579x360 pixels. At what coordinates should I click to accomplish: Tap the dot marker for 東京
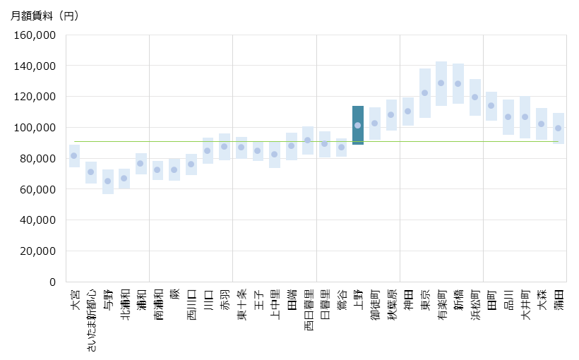coord(425,92)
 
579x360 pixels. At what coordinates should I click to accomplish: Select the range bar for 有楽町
coord(441,83)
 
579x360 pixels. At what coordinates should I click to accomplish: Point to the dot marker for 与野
coord(107,181)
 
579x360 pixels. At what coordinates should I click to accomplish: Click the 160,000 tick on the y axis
coord(36,35)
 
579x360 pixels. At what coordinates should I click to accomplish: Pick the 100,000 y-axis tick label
coord(36,128)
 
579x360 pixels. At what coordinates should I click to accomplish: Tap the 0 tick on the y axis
coord(52,282)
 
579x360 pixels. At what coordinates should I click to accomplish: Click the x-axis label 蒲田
coord(559,298)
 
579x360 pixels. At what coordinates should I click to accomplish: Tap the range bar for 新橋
coord(458,83)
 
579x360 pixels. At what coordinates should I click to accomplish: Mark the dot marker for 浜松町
coord(475,97)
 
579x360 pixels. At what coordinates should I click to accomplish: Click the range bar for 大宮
coord(74,156)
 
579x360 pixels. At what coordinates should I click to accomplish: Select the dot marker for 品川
coord(508,116)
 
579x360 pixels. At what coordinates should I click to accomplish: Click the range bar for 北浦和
coord(124,179)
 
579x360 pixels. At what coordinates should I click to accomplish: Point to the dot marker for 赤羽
coord(225,147)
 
